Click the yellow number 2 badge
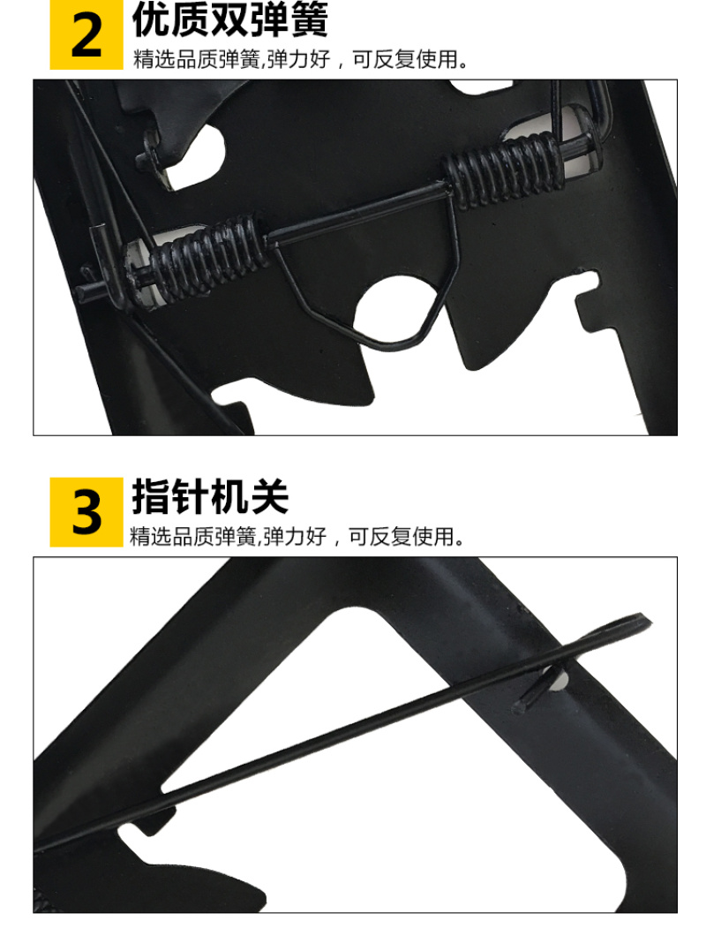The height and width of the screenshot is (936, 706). (86, 34)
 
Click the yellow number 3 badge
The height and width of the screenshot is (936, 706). (86, 511)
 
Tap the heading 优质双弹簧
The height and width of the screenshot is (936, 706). (230, 19)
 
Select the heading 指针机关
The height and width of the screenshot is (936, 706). (210, 496)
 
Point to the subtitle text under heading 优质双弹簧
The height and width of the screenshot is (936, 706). (301, 59)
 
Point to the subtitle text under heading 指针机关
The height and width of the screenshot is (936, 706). (297, 536)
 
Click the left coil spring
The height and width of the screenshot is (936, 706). (199, 259)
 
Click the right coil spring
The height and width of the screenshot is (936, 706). (502, 169)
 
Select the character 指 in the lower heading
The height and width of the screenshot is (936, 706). (151, 496)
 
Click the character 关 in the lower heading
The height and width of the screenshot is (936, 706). (270, 496)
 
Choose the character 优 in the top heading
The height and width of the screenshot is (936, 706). (151, 19)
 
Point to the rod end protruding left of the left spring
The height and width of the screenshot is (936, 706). (89, 291)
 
